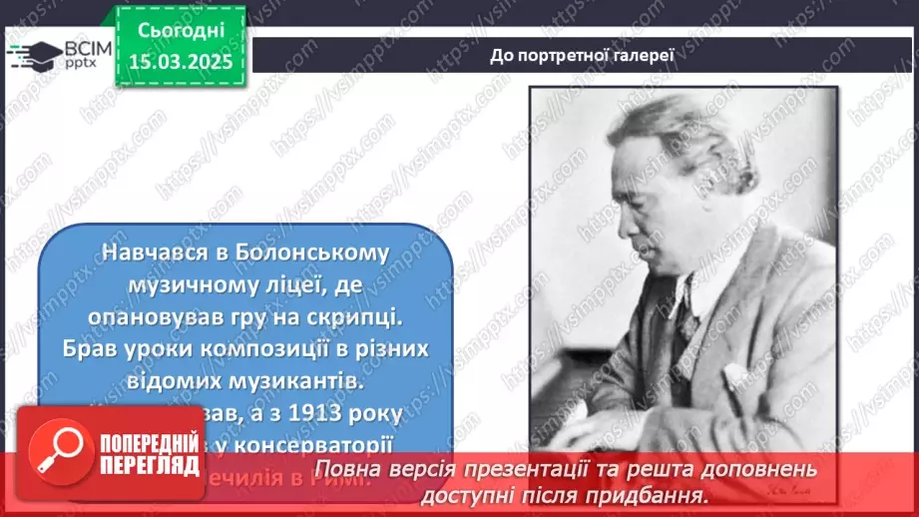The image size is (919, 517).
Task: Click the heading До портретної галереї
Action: coord(583,55)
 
